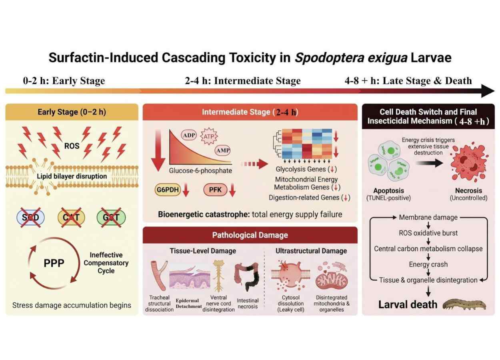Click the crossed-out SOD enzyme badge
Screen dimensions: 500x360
tap(30, 217)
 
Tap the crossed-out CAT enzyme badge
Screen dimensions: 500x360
tap(71, 217)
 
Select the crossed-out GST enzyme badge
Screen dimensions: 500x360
tap(111, 217)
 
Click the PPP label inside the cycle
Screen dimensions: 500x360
tap(54, 263)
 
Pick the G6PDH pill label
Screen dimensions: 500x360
tap(168, 190)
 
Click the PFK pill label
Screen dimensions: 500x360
tap(215, 190)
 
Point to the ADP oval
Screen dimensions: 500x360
tap(189, 135)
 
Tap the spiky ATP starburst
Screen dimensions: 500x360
tap(209, 136)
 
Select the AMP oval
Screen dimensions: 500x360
tap(223, 150)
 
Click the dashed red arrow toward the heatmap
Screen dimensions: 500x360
tap(254, 164)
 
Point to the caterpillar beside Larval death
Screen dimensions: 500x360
tap(464, 305)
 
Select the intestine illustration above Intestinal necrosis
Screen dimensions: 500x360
tap(247, 277)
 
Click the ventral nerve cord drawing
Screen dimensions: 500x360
tap(218, 276)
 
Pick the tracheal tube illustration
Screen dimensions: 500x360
tap(159, 276)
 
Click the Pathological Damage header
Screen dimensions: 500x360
tap(250, 235)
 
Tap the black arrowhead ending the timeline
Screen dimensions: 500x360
tap(488, 91)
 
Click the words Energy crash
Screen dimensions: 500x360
tap(428, 264)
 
